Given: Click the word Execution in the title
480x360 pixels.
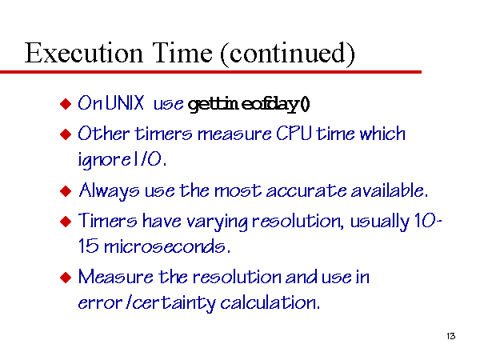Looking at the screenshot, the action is click(x=83, y=53).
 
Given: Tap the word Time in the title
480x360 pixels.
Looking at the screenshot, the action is click(x=182, y=53).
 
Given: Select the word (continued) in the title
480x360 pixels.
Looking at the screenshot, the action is click(x=287, y=54).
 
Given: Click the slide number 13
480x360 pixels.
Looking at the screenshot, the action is click(x=450, y=336).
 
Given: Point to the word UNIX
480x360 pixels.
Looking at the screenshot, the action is click(x=125, y=102).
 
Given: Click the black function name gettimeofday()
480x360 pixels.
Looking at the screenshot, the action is click(x=249, y=104).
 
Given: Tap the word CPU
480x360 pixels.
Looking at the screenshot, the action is click(x=294, y=133).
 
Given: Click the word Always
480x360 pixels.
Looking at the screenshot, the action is click(x=109, y=191).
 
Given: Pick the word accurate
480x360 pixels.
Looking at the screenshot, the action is click(x=306, y=191).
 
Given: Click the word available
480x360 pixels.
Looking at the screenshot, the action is click(x=389, y=190).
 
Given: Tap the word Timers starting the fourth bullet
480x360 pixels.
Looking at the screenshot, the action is click(x=108, y=221).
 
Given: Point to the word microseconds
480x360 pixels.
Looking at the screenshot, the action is click(x=167, y=246).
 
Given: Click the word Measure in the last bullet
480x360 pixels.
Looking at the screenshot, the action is click(x=116, y=277).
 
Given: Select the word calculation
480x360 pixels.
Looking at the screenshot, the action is click(x=270, y=302).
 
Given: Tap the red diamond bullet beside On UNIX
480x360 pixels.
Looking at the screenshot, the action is click(x=66, y=104).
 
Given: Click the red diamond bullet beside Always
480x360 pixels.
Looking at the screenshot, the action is click(x=66, y=191).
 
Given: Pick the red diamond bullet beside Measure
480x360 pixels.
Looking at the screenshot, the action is click(x=66, y=278).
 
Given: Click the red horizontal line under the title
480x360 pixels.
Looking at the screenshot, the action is click(x=210, y=72).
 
